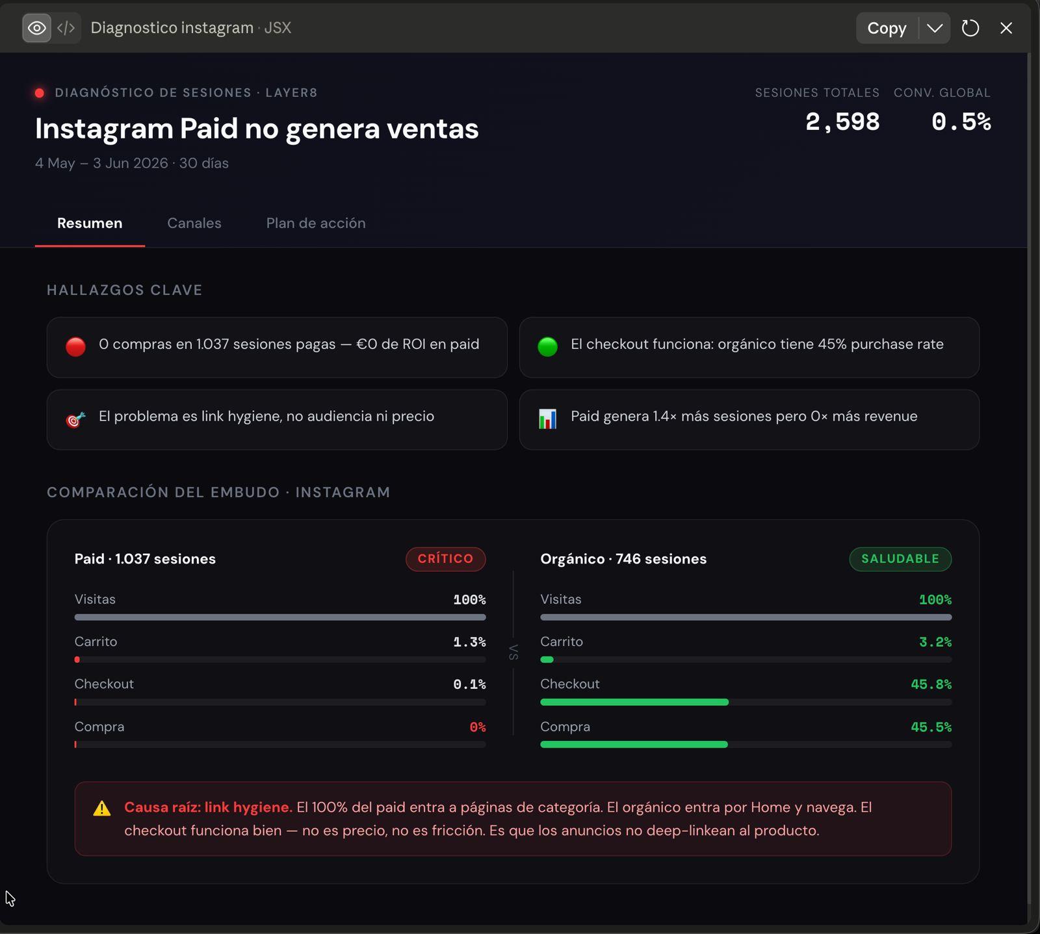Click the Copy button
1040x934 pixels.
pos(887,28)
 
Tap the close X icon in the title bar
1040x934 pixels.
pos(1006,28)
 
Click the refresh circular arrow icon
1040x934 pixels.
pos(970,28)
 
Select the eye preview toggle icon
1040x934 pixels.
pos(37,28)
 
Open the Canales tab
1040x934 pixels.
pos(194,223)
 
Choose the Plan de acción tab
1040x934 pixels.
pos(316,223)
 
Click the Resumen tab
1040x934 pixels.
pos(90,223)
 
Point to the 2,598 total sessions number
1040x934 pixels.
pos(842,122)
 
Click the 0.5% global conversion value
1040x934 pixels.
pos(961,122)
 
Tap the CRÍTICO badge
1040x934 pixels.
pos(446,559)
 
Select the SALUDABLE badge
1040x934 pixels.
pos(900,559)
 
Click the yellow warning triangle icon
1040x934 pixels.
pos(102,808)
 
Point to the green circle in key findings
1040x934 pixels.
pos(548,346)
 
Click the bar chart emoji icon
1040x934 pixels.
pos(548,419)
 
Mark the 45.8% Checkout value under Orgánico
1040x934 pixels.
pos(931,684)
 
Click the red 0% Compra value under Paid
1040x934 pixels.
pos(478,727)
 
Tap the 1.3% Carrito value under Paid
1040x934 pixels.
pos(469,642)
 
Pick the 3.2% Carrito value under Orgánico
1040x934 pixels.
pos(935,642)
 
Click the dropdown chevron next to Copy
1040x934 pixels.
pos(935,28)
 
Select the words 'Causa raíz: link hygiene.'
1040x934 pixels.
pos(209,807)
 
